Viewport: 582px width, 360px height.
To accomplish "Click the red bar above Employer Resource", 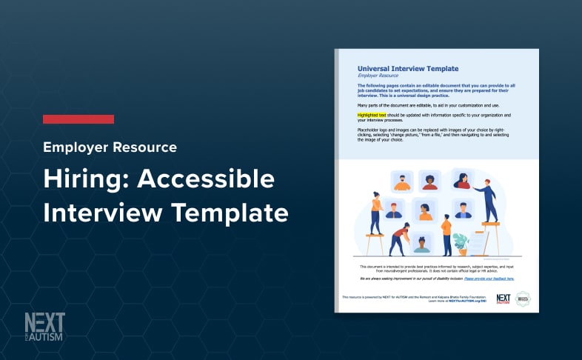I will [x=78, y=119].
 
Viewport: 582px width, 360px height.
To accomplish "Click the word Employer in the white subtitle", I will [x=75, y=147].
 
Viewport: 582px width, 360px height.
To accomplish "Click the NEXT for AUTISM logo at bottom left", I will [x=44, y=327].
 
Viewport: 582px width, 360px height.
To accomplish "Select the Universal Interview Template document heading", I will [x=407, y=68].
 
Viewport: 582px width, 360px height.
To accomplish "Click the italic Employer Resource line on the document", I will [x=378, y=76].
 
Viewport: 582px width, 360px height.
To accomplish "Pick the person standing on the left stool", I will [x=376, y=211].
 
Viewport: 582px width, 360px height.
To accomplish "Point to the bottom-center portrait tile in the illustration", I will [x=421, y=242].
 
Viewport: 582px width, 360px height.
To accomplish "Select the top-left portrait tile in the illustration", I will [x=401, y=181].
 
